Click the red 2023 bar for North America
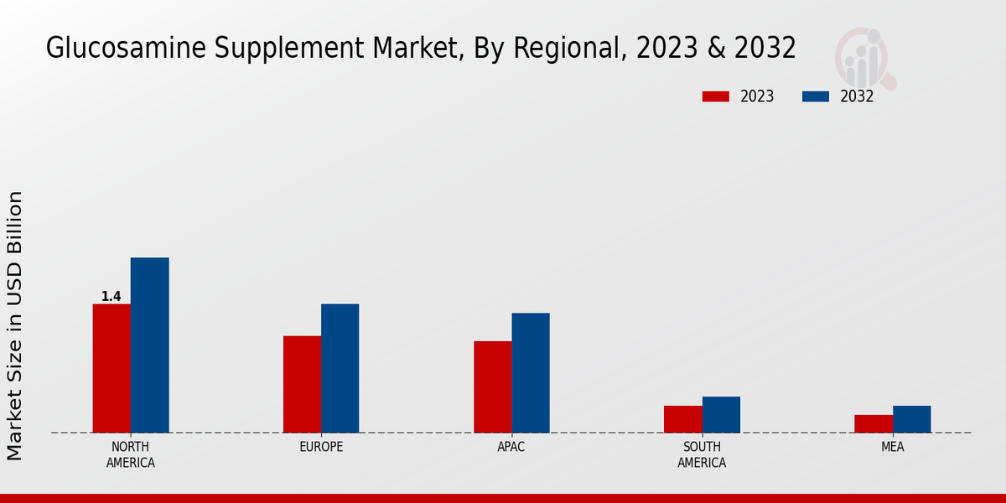pos(111,368)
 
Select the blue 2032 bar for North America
pos(149,345)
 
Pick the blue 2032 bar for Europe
pos(340,368)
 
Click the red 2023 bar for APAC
pos(492,386)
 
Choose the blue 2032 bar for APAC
pos(531,372)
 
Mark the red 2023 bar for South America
pos(682,419)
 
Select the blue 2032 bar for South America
pos(721,414)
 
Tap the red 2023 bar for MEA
pos(874,423)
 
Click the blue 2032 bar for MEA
pos(911,419)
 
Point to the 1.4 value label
pos(111,297)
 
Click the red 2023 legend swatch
pos(715,96)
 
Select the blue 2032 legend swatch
pos(815,96)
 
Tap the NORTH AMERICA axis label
pos(131,454)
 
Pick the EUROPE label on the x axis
pos(321,447)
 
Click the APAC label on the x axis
pos(511,447)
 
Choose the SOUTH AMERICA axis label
pos(702,454)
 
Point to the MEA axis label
pos(892,447)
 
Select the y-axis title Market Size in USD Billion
pos(16,325)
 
